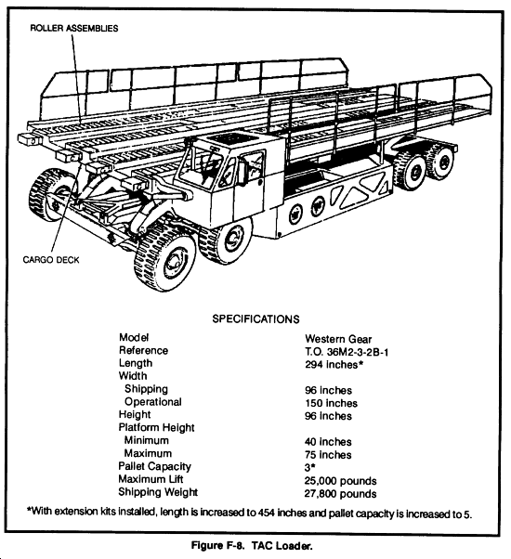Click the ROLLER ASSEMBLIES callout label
74,29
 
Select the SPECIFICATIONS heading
255,318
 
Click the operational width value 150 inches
330,403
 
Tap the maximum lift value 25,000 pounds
341,481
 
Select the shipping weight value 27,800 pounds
341,493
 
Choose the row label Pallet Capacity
155,466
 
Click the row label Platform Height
157,427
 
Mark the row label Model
134,337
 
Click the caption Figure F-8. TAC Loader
255,545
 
